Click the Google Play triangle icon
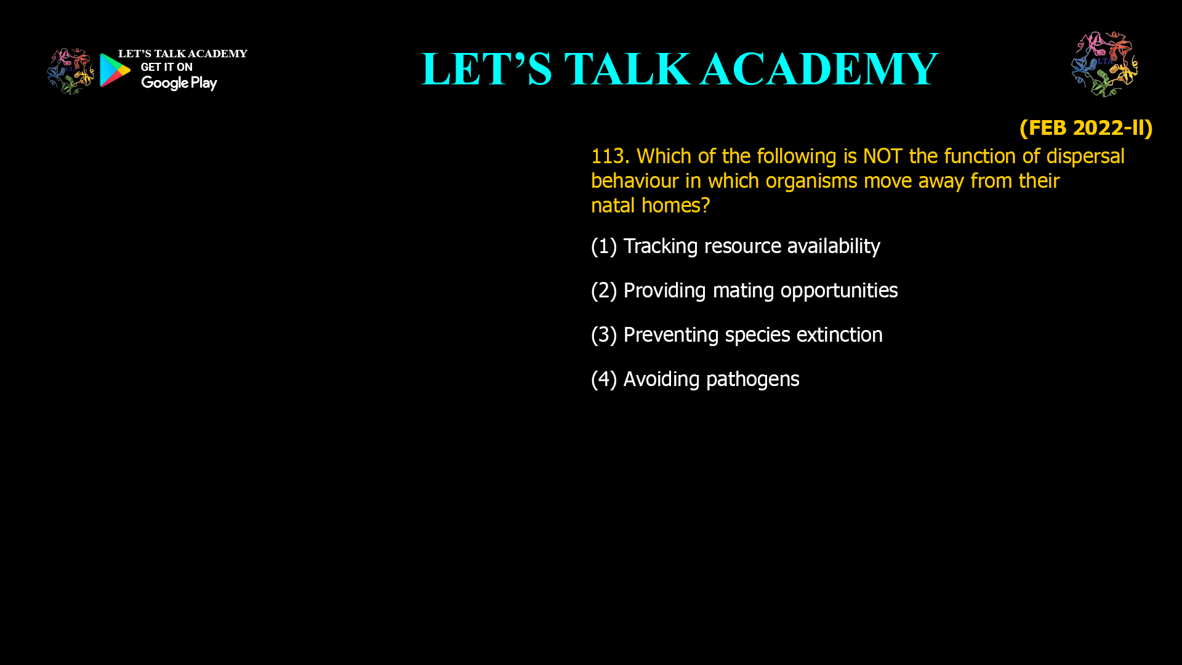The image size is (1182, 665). point(115,70)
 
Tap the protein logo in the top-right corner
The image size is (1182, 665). point(1104,64)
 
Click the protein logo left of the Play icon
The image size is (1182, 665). point(71,71)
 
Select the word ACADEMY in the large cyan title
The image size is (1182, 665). point(819,68)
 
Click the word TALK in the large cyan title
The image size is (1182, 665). point(627,68)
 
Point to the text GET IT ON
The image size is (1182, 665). point(167,67)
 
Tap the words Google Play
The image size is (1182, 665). point(179,83)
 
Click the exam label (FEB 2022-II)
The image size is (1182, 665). point(1086,127)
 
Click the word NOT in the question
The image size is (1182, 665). point(883,156)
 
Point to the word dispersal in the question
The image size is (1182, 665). point(1085,156)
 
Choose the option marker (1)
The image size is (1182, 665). point(604,246)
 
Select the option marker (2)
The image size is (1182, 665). point(604,291)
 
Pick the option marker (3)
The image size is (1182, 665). point(604,335)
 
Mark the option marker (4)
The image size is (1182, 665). point(604,379)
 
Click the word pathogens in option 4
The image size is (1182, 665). point(753,379)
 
